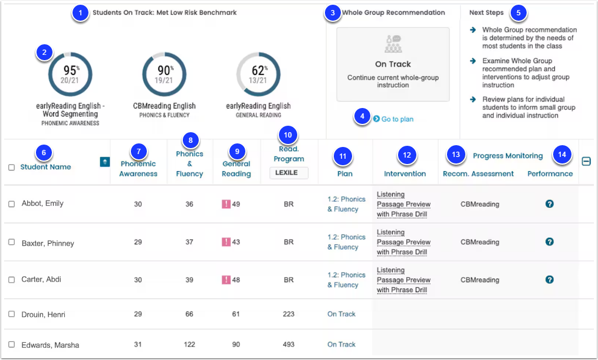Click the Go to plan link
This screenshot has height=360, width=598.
coord(393,119)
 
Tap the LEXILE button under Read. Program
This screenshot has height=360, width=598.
coord(289,172)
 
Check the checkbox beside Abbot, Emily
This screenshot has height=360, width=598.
coord(11,204)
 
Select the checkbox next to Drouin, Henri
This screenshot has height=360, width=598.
coord(11,314)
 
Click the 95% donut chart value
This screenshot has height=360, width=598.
coord(71,71)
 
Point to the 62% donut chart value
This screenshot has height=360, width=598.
coord(259,71)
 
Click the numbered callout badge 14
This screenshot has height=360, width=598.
coord(562,154)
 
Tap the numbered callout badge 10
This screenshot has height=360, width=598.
coord(288,135)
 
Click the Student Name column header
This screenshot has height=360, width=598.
coord(46,167)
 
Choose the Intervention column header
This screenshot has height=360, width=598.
coord(405,174)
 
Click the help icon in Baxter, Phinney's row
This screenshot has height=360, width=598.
coord(550,241)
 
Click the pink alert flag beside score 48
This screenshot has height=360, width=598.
coord(226,280)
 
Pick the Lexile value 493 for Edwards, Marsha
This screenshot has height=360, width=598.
coord(289,344)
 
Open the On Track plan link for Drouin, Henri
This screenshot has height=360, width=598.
coord(341,314)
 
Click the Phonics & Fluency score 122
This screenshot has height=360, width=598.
coord(189,344)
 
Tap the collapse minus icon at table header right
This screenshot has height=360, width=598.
coord(586,162)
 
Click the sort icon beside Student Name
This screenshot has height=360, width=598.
coord(105,162)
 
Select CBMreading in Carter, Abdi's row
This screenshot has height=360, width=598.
coord(480,280)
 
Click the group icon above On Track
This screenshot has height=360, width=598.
coord(393,44)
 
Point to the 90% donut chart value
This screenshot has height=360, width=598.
coord(165,71)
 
